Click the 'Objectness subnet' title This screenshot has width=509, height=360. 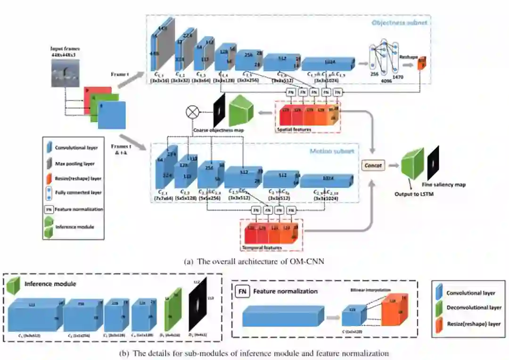tap(399, 23)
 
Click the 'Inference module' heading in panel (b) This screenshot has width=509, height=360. tap(50, 284)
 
